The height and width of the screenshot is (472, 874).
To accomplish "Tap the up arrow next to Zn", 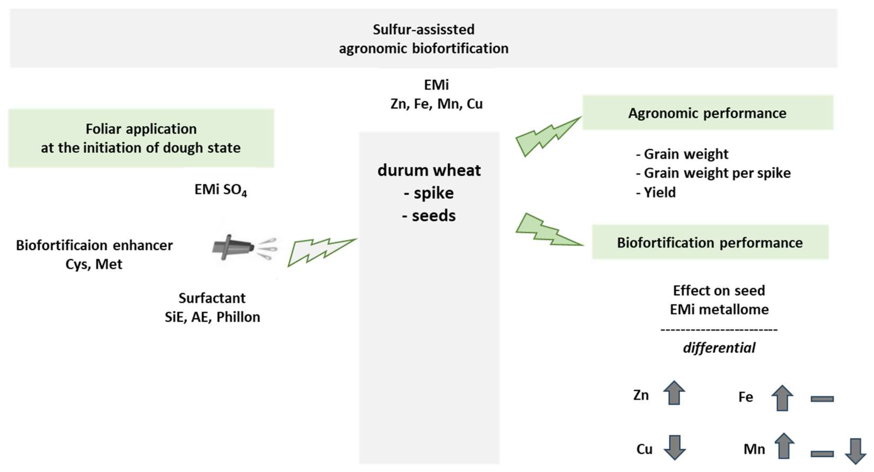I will click(674, 393).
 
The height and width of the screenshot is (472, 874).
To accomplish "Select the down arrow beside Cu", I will click(674, 447).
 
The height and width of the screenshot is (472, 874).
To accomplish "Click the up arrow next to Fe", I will click(782, 398).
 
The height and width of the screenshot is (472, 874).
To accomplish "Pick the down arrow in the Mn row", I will click(855, 451).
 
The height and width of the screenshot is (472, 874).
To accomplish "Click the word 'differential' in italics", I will click(719, 348).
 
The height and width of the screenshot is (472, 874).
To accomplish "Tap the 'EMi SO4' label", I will click(221, 190).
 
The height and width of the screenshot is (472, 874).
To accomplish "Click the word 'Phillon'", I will click(238, 317).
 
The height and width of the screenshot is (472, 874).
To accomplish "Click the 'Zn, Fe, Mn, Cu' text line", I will click(436, 104).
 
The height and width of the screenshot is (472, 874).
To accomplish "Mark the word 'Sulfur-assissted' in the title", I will click(423, 30).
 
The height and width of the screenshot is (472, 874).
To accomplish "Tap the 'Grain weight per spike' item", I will click(717, 173).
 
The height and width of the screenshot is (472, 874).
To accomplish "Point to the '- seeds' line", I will click(429, 216).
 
